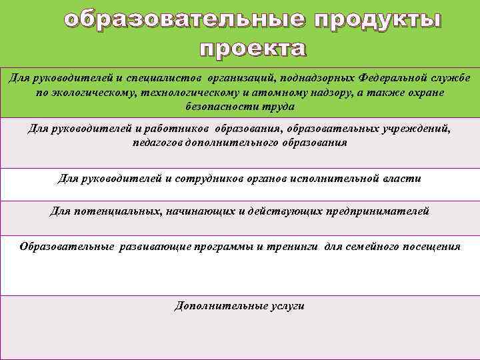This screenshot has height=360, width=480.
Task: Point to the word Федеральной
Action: click(404, 78)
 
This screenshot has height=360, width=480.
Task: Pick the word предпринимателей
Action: click(377, 211)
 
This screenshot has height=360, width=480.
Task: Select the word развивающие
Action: click(155, 247)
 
